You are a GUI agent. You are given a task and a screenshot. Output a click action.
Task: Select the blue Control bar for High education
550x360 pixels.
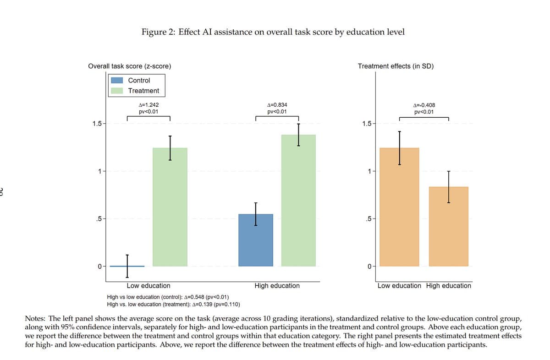coord(256,240)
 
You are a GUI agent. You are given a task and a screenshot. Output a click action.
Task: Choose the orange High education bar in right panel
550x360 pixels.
coord(449,226)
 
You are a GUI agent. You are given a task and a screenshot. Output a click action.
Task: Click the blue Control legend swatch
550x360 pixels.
coord(117,80)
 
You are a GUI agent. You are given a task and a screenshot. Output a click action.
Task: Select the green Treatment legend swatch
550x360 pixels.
coord(117,91)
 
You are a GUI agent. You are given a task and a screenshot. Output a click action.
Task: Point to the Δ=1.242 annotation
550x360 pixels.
coord(148,105)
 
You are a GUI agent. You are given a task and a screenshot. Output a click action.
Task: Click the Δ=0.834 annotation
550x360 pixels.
coord(277,105)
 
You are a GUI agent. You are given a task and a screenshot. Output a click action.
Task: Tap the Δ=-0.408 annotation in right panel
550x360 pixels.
coord(424,105)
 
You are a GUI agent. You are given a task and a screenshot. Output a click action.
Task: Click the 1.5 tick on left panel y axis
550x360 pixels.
coord(97,124)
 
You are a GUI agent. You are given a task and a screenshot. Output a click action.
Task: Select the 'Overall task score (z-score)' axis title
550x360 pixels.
coord(130,66)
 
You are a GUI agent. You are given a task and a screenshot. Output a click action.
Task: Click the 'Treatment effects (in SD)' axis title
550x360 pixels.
coord(396,66)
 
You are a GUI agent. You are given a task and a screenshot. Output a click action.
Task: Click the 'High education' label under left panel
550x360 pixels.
coord(277,285)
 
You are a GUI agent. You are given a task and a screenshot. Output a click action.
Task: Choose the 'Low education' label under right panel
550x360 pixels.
coord(399,285)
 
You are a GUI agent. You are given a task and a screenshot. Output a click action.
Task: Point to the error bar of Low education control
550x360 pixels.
coord(127,266)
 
